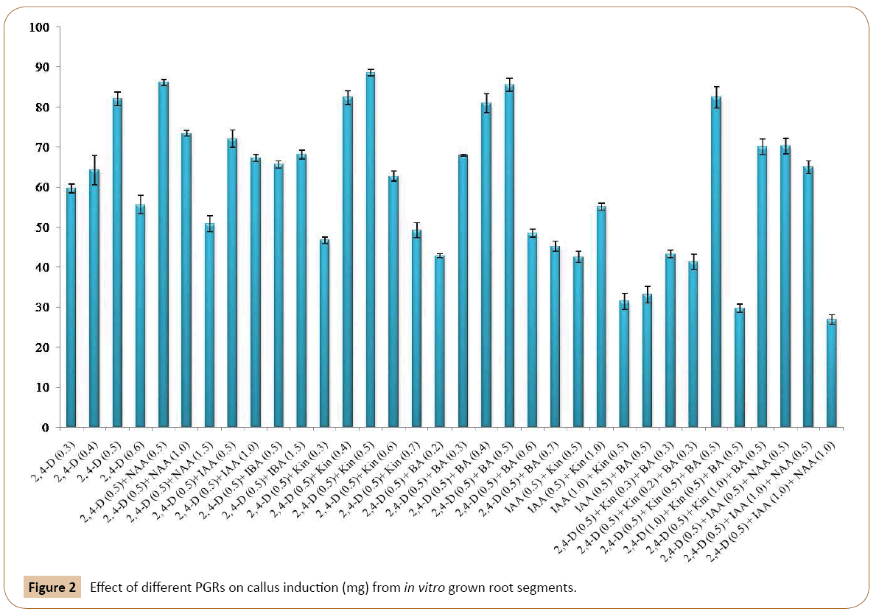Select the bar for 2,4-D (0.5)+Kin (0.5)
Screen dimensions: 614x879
click(370, 250)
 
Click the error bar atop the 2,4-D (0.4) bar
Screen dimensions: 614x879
click(94, 170)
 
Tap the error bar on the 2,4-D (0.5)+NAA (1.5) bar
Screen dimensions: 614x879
click(209, 224)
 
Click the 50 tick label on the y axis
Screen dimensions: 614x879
click(41, 227)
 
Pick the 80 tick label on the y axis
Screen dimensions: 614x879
click(41, 107)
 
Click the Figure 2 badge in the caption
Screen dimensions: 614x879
click(52, 588)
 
